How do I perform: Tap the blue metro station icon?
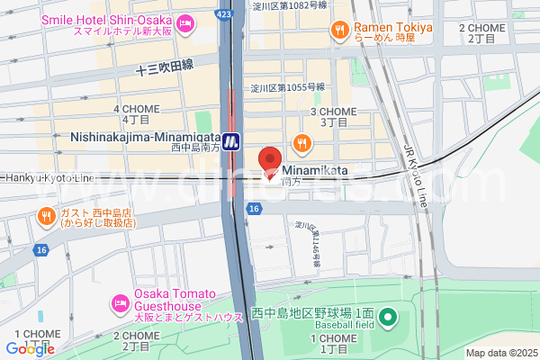tap(232, 139)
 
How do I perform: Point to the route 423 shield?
tap(224, 14)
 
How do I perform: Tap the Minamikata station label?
tap(315, 168)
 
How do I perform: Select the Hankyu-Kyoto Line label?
tap(47, 178)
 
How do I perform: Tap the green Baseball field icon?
tap(388, 317)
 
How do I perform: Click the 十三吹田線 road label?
tap(165, 67)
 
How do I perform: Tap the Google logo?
tap(30, 349)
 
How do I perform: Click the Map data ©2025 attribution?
tap(499, 353)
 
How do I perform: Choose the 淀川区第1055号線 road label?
tap(288, 87)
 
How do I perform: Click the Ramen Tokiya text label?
tap(393, 28)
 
